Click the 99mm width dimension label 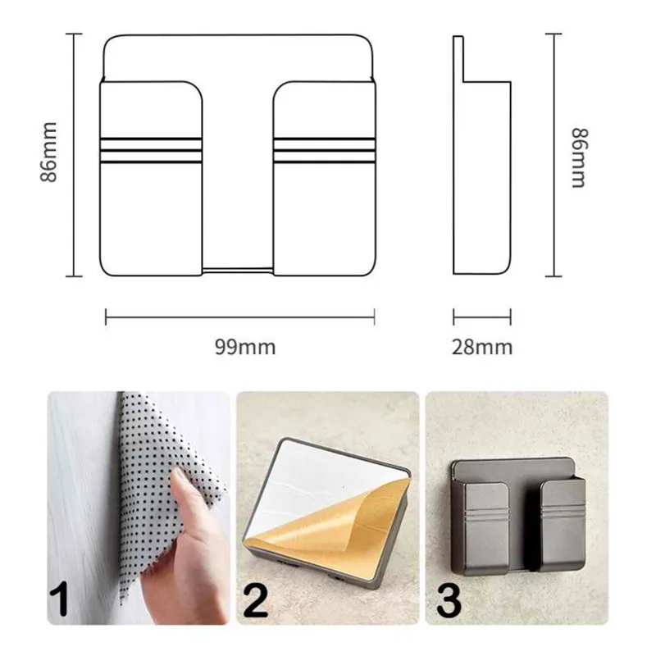[245, 347]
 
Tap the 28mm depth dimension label [482, 347]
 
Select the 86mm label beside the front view [49, 153]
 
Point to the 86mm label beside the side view [581, 158]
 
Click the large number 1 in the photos [59, 600]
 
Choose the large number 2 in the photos [255, 600]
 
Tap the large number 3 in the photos [449, 600]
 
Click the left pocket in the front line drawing [151, 179]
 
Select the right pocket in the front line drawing [325, 179]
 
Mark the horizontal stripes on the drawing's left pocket [151, 150]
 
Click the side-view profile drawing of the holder [482, 155]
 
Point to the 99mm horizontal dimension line [240, 317]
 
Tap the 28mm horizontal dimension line [482, 317]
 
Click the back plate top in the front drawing [238, 57]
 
